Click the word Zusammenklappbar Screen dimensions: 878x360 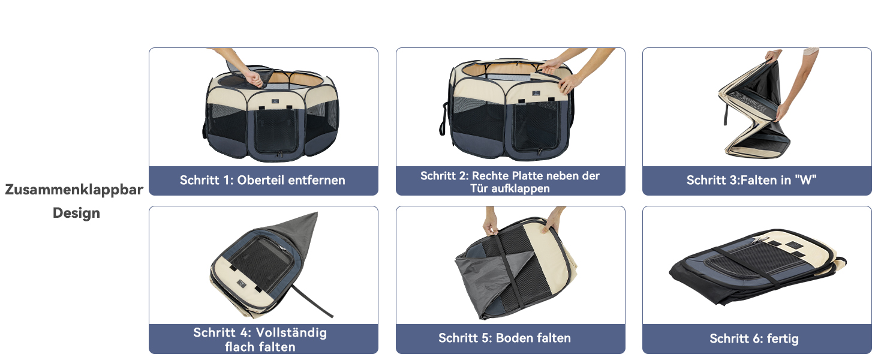tap(74, 190)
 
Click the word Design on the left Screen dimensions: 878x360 tap(76, 213)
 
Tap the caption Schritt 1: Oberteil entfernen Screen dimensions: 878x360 tap(263, 180)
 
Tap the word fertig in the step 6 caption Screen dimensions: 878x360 tap(783, 338)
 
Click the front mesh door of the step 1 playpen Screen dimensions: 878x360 tap(275, 131)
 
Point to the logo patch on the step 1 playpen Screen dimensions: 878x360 tap(275, 101)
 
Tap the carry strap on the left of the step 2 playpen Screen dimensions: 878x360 tap(443, 118)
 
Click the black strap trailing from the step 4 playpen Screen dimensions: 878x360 tap(312, 302)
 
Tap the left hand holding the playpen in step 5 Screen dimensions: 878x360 tap(490, 225)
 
